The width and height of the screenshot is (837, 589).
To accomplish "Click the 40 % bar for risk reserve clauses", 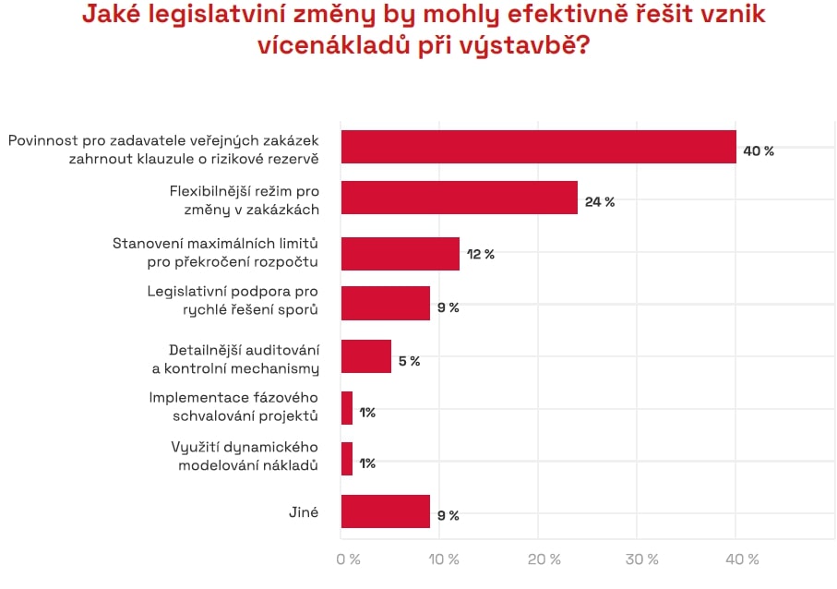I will [x=538, y=147].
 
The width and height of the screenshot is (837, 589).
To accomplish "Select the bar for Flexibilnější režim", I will [x=459, y=198].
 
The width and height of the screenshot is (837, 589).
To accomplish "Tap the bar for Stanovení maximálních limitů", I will [x=400, y=254].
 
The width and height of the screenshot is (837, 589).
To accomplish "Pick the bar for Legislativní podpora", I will [x=385, y=303].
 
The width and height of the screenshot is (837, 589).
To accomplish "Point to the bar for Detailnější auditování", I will [x=365, y=356].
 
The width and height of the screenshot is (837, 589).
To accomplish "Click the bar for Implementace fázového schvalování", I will [x=347, y=408].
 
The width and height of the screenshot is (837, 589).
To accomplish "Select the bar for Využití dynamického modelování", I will [x=347, y=459].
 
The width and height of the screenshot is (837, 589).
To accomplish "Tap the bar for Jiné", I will [x=385, y=511].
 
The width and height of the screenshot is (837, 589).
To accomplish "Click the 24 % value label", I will [x=600, y=201].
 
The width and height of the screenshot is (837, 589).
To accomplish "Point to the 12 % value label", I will [x=481, y=254].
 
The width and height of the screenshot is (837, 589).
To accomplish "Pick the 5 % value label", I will [x=409, y=361].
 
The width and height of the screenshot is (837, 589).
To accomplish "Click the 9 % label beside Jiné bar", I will [x=448, y=515].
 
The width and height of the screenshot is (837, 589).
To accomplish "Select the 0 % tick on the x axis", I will [x=348, y=559].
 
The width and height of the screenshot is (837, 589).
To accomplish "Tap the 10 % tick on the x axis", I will [x=446, y=559].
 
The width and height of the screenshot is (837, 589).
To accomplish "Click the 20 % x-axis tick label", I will [x=544, y=559].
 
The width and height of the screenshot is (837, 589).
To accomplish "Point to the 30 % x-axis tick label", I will [x=642, y=559].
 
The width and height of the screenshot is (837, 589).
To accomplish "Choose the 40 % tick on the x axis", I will [x=741, y=559].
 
